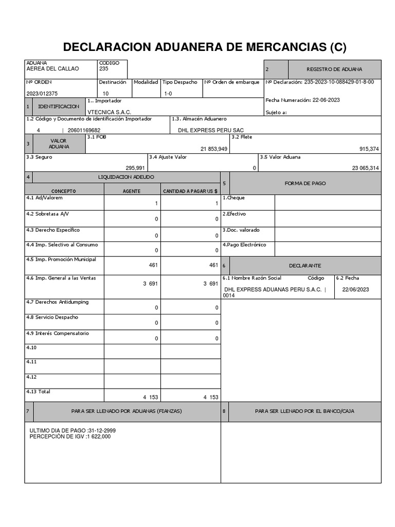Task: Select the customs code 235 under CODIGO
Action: [x=103, y=69]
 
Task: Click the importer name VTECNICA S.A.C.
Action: [x=110, y=112]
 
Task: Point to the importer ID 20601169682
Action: [x=84, y=130]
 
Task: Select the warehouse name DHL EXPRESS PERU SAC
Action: [x=211, y=130]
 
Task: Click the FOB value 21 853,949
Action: [x=214, y=149]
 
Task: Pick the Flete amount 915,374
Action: [x=369, y=149]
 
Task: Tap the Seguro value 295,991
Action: [x=135, y=168]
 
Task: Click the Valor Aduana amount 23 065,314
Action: [x=366, y=168]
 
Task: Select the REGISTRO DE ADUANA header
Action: [x=334, y=69]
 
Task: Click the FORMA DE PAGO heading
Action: [x=305, y=183]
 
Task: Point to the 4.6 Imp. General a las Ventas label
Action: [x=61, y=278]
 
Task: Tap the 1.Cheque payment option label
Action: [x=234, y=198]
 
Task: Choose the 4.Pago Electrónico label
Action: [x=244, y=244]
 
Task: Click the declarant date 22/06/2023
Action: [x=355, y=289]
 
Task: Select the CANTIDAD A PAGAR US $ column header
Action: [x=190, y=191]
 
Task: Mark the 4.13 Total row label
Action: [x=39, y=392]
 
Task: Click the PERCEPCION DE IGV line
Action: [x=70, y=436]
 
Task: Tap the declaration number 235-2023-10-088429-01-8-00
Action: [x=339, y=82]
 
